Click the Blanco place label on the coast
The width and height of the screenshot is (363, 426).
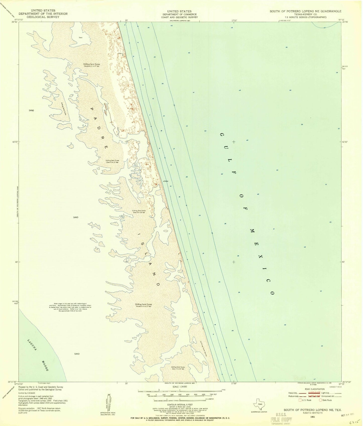[120, 53]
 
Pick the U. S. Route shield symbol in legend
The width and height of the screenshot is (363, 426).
[300, 400]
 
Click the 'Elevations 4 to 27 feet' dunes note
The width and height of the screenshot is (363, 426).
[143, 306]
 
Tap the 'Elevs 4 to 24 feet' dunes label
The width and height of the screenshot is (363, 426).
[112, 162]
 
